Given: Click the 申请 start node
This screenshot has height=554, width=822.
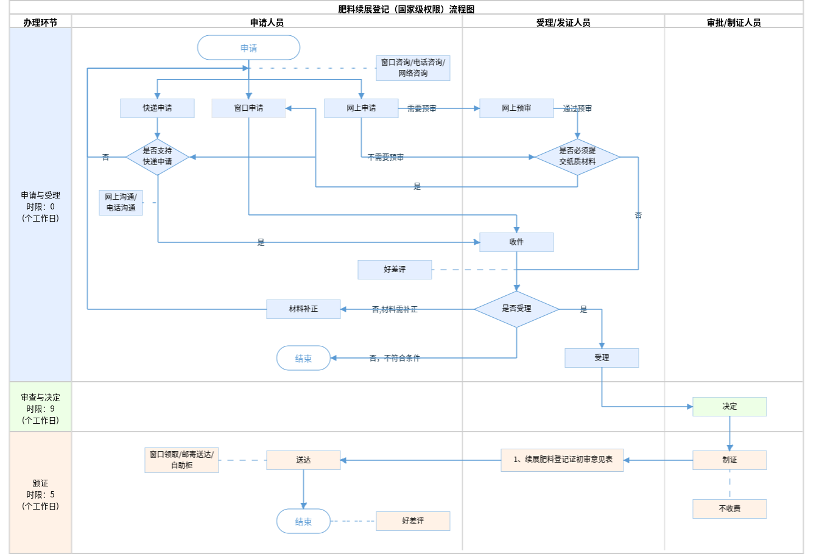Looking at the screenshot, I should click(x=248, y=47).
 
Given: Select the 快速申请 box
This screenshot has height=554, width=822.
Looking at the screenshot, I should click(x=157, y=108).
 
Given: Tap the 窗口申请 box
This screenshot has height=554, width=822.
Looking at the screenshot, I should click(x=248, y=108).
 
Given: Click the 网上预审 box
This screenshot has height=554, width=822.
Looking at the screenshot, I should click(x=516, y=108).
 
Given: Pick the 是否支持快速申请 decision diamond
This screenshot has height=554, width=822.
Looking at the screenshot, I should click(x=157, y=156).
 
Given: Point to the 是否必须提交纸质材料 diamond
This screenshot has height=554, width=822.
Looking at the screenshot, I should click(x=577, y=156).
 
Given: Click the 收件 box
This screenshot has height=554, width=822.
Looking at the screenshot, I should click(x=516, y=242).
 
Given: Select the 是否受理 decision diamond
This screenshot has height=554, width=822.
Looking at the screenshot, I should click(x=516, y=309).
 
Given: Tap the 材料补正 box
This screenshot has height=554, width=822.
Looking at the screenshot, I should click(x=303, y=309).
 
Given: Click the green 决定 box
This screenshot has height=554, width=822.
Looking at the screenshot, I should click(x=729, y=407).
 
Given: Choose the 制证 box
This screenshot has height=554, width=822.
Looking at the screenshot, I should click(x=729, y=460).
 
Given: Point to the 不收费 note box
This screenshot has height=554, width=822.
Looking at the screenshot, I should click(x=729, y=509).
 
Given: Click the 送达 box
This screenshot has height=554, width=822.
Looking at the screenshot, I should click(x=303, y=460).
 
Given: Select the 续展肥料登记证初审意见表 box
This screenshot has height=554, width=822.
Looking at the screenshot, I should click(x=562, y=460).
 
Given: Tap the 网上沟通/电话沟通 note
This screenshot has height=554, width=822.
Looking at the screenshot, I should click(x=121, y=203).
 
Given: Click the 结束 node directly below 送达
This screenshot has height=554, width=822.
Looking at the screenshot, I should click(x=303, y=521).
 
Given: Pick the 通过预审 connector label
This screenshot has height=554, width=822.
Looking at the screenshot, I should click(x=577, y=109).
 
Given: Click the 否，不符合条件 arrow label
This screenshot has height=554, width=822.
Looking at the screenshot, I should click(x=395, y=358).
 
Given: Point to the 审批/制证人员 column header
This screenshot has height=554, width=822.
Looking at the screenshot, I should click(x=734, y=23).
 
